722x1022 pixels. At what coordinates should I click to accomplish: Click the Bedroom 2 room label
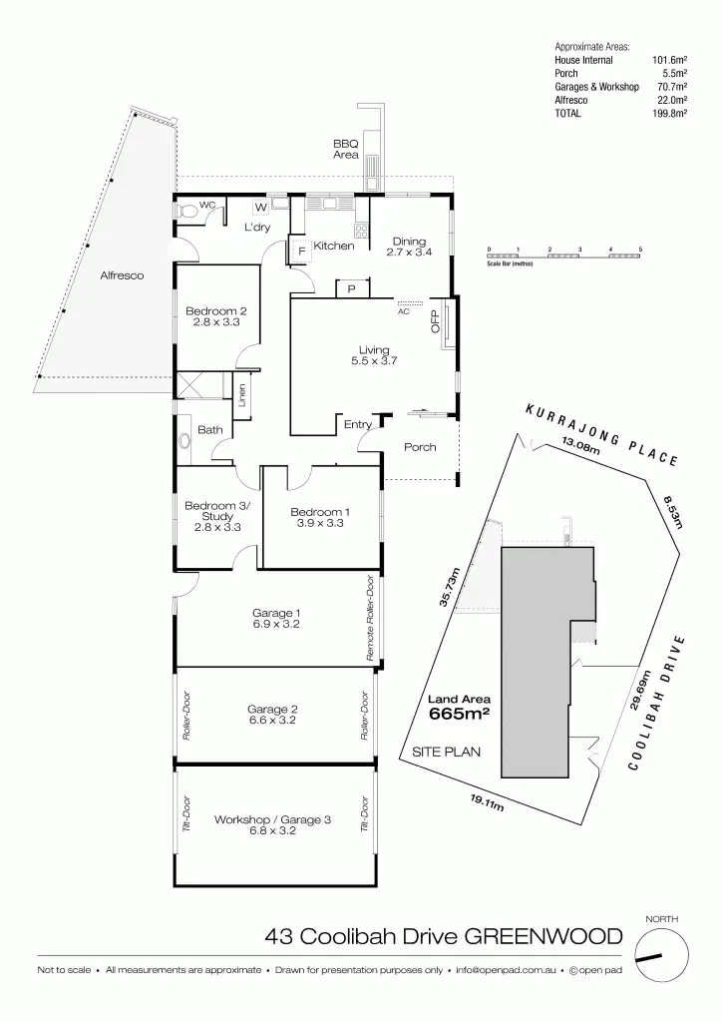[x=215, y=310]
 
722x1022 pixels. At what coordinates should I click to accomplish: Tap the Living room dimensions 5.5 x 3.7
[x=374, y=361]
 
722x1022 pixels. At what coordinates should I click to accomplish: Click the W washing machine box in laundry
[x=260, y=208]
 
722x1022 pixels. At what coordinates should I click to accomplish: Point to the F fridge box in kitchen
[x=300, y=251]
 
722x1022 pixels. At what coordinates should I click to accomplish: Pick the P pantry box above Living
[x=352, y=288]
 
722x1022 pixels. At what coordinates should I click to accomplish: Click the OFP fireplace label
[x=434, y=321]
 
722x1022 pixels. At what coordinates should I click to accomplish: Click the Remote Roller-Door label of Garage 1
[x=369, y=619]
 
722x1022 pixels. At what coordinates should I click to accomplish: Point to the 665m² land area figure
[x=459, y=714]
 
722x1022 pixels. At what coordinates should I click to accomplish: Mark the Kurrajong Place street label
[x=602, y=436]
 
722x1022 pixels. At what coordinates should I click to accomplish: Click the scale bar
[x=563, y=256]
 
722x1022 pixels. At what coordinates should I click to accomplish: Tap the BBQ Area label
[x=345, y=149]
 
